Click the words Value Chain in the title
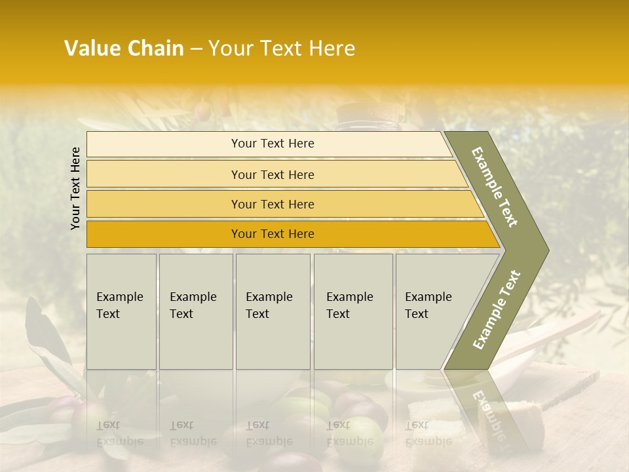(124, 49)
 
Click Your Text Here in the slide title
(282, 49)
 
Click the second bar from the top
(272, 174)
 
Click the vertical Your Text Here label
(75, 188)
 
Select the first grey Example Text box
(121, 311)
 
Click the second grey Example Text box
(195, 311)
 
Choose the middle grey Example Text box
(273, 311)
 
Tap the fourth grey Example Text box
(353, 311)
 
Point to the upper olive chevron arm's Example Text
(495, 187)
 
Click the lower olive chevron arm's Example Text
(496, 310)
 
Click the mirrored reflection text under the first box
(119, 433)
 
